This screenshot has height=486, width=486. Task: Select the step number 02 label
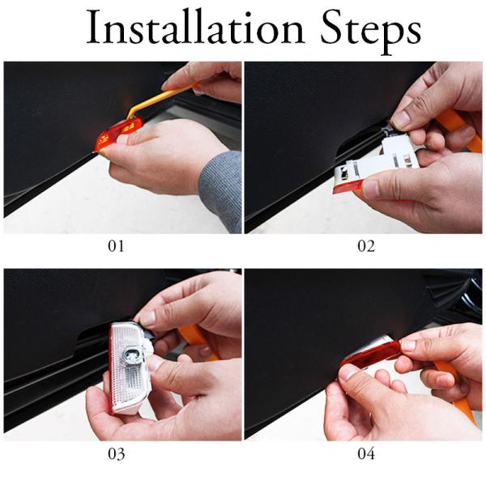(366, 246)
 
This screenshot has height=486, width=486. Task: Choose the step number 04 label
(366, 454)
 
